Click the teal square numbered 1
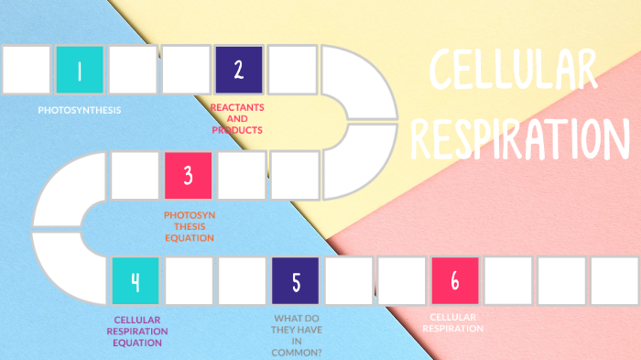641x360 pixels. point(80,70)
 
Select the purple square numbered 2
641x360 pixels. point(239,70)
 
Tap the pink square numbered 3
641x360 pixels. point(189,175)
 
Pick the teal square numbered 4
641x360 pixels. point(136,280)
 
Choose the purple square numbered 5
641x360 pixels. point(296,280)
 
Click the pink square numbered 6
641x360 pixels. point(455,280)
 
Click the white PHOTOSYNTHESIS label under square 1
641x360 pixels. point(80,110)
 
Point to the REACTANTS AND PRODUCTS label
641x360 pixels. point(237,118)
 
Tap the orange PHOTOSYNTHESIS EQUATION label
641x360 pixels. point(190,226)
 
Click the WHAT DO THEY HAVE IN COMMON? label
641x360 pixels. point(297,335)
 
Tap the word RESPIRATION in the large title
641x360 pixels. point(519,137)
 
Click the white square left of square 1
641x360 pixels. point(27,70)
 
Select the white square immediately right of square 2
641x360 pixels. point(292,70)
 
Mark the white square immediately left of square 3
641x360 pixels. point(135,175)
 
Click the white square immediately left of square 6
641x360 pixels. point(402,280)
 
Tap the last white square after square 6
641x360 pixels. point(614,280)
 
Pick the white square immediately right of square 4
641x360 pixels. point(189,280)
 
